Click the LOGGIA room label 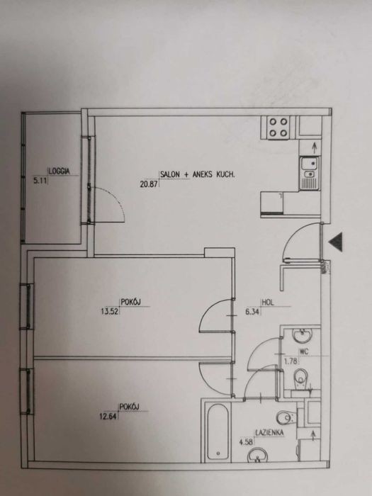point(59,171)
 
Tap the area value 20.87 point(149,184)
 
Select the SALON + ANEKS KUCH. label point(198,174)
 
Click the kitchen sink point(310,174)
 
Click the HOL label point(268,302)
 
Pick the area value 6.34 point(252,312)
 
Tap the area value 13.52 point(109,312)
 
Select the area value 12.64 point(108,416)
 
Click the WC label point(304,351)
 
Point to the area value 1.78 point(291,361)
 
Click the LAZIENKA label point(269,433)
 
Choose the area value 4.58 point(246,442)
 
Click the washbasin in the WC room point(302,335)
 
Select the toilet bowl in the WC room point(301,378)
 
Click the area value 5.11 point(40,181)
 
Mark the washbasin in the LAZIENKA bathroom point(257,456)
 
